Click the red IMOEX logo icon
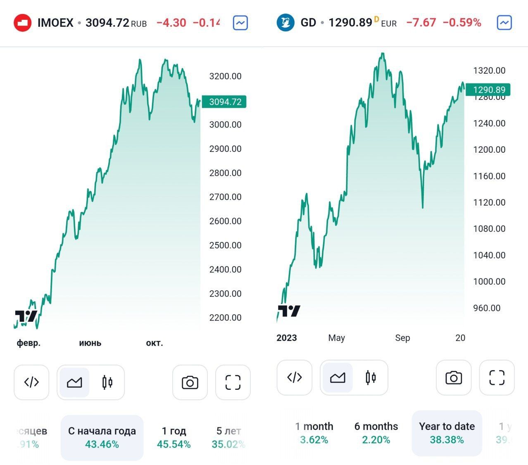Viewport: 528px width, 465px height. pyautogui.click(x=23, y=23)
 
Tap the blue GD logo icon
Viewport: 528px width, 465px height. pyautogui.click(x=285, y=22)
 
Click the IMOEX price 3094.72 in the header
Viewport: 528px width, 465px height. pyautogui.click(x=107, y=23)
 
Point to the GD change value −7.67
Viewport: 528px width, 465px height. pyautogui.click(x=421, y=23)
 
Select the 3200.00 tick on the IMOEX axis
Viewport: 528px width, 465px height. pyautogui.click(x=225, y=76)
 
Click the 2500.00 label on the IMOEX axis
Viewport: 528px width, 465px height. pyautogui.click(x=225, y=245)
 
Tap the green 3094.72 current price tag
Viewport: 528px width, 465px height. pyautogui.click(x=225, y=102)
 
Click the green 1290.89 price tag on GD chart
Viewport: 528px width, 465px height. pyautogui.click(x=489, y=90)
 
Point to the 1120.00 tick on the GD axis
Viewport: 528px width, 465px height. pyautogui.click(x=489, y=202)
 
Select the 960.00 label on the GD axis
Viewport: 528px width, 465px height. pyautogui.click(x=487, y=308)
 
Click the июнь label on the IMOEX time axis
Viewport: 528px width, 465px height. pyautogui.click(x=90, y=343)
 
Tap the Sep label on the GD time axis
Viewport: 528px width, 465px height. pyautogui.click(x=402, y=338)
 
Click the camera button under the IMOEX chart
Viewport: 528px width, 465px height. pyautogui.click(x=190, y=382)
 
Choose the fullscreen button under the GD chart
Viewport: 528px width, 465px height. pyautogui.click(x=497, y=377)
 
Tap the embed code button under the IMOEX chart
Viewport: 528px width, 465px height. pyautogui.click(x=31, y=382)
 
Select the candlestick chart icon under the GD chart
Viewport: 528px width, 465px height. pyautogui.click(x=371, y=377)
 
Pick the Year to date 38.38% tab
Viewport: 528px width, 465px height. pyautogui.click(x=447, y=433)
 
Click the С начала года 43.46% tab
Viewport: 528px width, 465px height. pyautogui.click(x=102, y=437)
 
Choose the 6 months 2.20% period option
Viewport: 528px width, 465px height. pyautogui.click(x=376, y=433)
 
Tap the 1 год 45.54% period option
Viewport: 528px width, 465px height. pyautogui.click(x=174, y=437)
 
